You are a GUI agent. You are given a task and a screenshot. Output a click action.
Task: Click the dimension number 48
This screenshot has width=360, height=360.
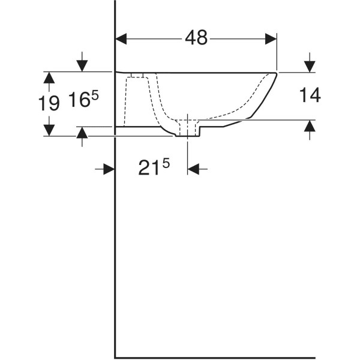pyautogui.click(x=196, y=38)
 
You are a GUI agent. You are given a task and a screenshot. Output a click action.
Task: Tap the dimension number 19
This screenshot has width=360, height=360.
pyautogui.click(x=49, y=103)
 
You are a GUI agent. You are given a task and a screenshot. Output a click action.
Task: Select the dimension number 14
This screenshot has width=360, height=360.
pyautogui.click(x=310, y=95)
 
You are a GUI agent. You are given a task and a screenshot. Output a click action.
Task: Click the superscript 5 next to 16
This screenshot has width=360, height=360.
pyautogui.click(x=95, y=95)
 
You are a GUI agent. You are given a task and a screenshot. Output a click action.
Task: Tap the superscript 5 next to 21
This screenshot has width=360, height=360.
pyautogui.click(x=166, y=164)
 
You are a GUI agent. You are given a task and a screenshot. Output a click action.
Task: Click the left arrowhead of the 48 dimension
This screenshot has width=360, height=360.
pyautogui.click(x=121, y=39)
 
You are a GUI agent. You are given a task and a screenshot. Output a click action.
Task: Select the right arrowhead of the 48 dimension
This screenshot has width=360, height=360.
pyautogui.click(x=271, y=39)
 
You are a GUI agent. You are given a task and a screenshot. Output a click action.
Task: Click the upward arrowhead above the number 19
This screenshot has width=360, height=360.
pyautogui.click(x=49, y=77)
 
